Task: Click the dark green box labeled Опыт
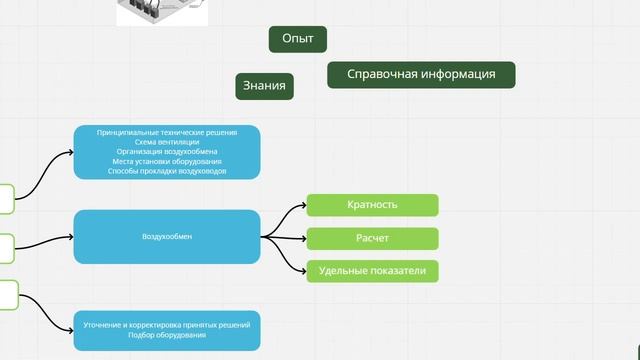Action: (298, 39)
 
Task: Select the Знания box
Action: (265, 87)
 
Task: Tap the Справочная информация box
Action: (421, 75)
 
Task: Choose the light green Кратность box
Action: (372, 205)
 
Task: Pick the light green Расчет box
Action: (372, 238)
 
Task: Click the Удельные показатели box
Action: (372, 271)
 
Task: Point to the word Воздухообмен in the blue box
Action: (167, 237)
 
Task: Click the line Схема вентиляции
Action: (167, 142)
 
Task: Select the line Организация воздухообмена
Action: (167, 152)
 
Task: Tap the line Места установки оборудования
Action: (167, 161)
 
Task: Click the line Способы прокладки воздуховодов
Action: (167, 171)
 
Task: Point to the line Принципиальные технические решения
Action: (167, 132)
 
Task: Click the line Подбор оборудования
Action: (167, 335)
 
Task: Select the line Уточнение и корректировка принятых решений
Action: (167, 325)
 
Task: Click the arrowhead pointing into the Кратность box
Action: (302, 206)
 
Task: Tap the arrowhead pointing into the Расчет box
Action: (302, 238)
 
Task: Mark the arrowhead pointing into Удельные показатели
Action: (302, 270)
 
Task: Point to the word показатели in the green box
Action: (400, 271)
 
